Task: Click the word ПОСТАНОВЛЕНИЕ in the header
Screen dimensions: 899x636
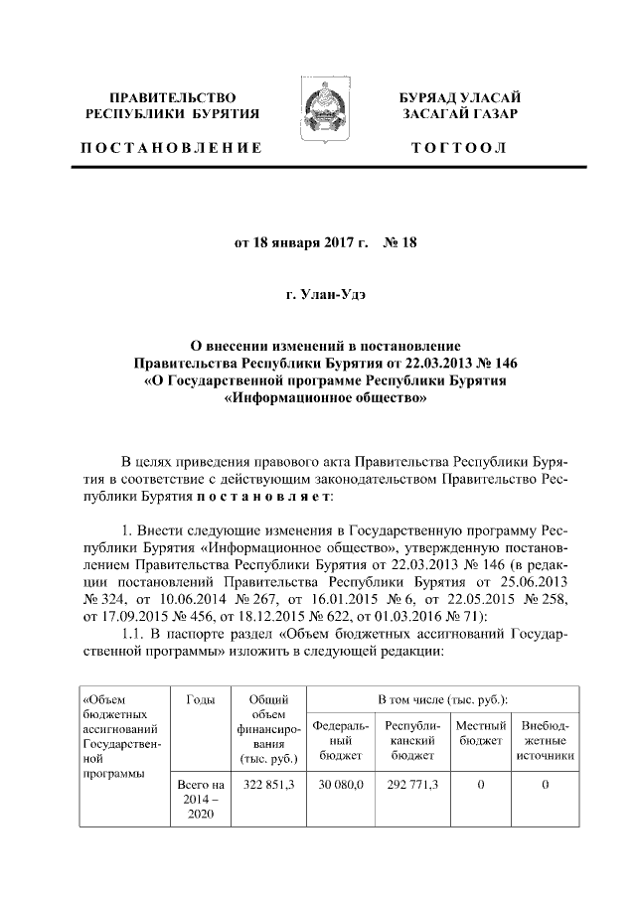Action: (x=171, y=149)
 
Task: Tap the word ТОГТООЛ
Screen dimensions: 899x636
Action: (x=459, y=149)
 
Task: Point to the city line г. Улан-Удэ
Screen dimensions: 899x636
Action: (x=318, y=295)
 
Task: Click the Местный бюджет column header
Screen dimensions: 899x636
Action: (x=481, y=734)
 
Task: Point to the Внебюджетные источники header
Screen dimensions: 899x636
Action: (x=546, y=741)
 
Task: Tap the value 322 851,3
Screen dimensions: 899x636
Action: (x=266, y=785)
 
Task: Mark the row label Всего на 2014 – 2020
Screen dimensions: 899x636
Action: (x=200, y=800)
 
